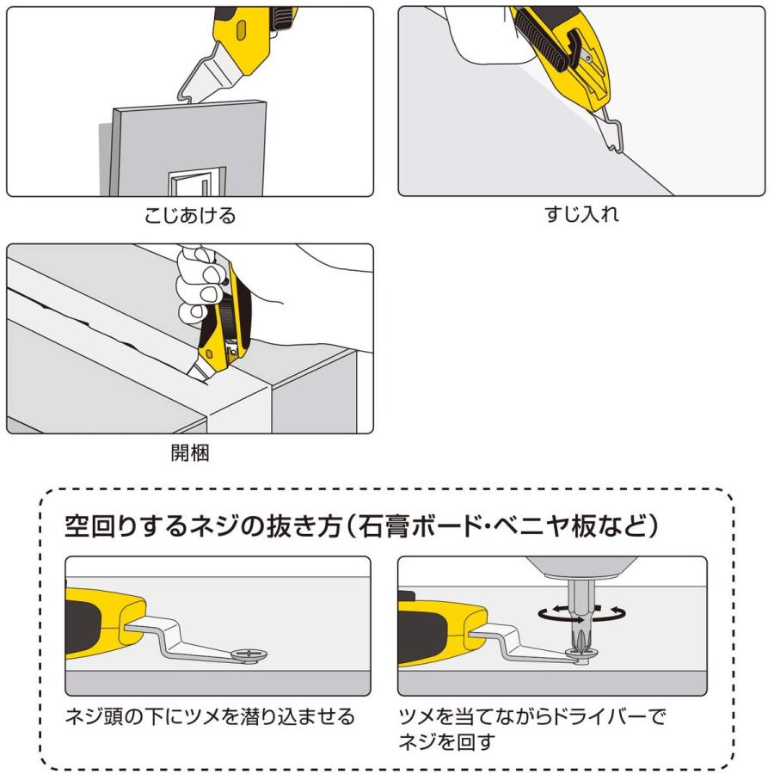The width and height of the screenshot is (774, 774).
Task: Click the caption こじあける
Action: [x=190, y=216]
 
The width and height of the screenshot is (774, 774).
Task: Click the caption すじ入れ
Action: [x=581, y=214]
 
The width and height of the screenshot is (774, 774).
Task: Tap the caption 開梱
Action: [x=190, y=452]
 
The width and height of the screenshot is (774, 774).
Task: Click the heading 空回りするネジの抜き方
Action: [x=203, y=526]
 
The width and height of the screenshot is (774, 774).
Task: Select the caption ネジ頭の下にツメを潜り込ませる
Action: [x=211, y=716]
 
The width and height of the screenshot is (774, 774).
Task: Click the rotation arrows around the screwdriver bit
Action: [x=581, y=613]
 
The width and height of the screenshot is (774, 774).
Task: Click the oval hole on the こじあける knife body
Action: [x=241, y=30]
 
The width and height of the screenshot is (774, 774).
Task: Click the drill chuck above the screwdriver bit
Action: [x=580, y=568]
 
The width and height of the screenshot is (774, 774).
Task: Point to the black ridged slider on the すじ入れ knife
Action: [x=541, y=40]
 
